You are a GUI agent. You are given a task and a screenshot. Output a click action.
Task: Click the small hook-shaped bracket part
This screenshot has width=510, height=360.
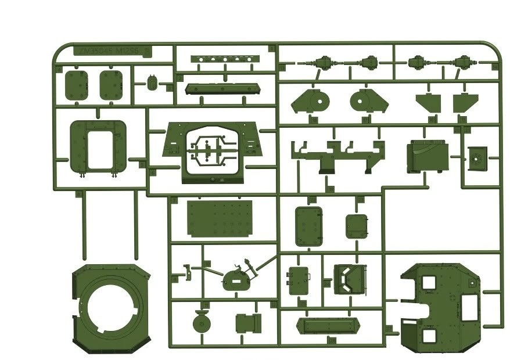pyautogui.click(x=188, y=269)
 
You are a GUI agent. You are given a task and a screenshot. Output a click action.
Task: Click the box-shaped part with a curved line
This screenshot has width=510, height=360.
pyautogui.click(x=427, y=156)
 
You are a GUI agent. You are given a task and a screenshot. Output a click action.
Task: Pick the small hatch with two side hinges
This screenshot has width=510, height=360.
pyautogui.click(x=299, y=279)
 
